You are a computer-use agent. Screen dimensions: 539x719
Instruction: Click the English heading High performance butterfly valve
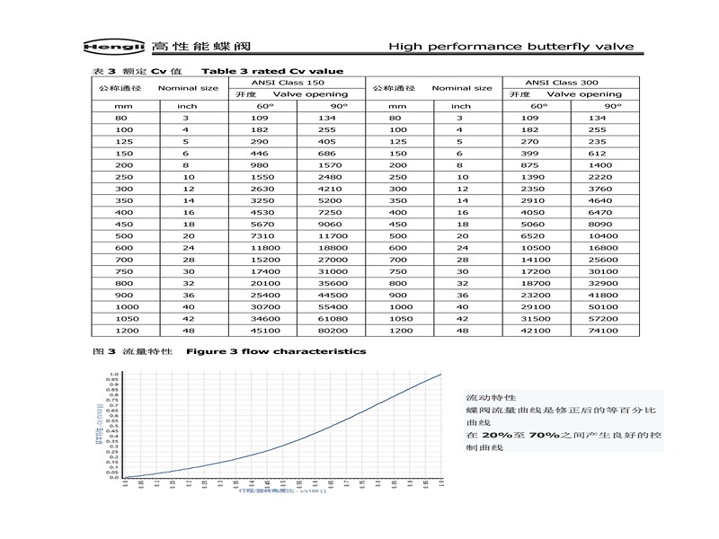click(x=510, y=46)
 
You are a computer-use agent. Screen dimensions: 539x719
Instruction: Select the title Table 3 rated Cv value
click(x=271, y=71)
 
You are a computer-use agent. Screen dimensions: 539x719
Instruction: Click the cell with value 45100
click(x=261, y=331)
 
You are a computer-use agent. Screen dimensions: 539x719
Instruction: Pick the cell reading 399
click(x=536, y=154)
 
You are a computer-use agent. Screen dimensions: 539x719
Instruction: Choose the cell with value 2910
click(x=536, y=201)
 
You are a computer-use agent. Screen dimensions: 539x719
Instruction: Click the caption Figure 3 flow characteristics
click(x=275, y=351)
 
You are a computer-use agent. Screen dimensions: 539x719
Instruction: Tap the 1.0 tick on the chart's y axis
click(x=114, y=373)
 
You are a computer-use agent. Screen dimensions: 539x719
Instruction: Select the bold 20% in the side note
click(x=494, y=435)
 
